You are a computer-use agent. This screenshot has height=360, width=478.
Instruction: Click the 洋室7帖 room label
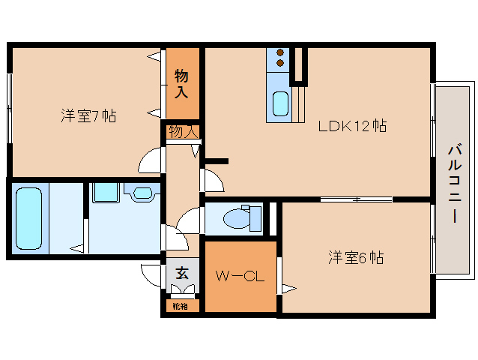(88, 116)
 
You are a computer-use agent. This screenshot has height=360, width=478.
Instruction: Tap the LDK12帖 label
(351, 126)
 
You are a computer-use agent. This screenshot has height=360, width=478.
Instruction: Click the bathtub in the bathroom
(29, 218)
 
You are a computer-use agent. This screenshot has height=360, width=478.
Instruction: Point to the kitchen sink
(280, 103)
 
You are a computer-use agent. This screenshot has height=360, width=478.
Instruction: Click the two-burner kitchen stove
(279, 58)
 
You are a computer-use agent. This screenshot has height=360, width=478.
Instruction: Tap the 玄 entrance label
(182, 274)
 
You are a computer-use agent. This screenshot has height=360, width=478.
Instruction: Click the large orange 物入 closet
(183, 83)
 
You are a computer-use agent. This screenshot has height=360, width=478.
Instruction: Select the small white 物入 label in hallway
(183, 132)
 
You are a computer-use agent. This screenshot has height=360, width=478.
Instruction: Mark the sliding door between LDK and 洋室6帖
(357, 199)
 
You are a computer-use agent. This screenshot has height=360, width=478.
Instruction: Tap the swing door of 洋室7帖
(152, 160)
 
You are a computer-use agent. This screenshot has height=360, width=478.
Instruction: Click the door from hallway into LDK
(211, 180)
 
